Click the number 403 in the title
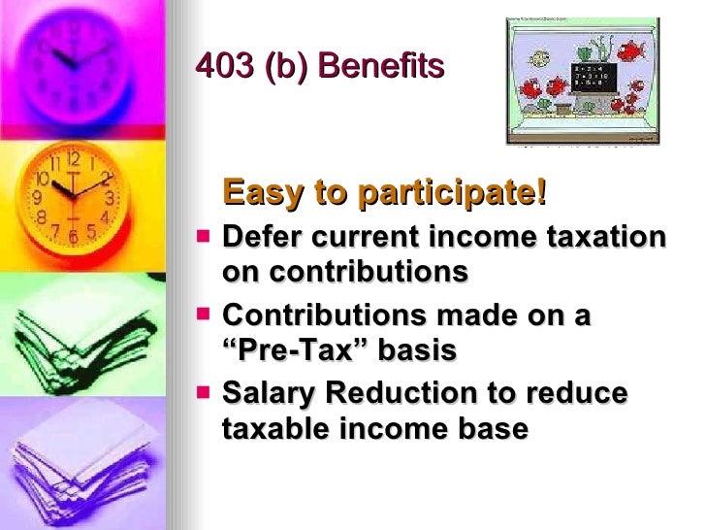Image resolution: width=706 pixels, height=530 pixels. (221, 66)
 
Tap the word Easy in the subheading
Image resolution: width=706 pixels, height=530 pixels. (262, 193)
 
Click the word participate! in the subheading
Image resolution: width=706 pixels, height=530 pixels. (453, 193)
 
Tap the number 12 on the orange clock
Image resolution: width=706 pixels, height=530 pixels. (73, 159)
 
